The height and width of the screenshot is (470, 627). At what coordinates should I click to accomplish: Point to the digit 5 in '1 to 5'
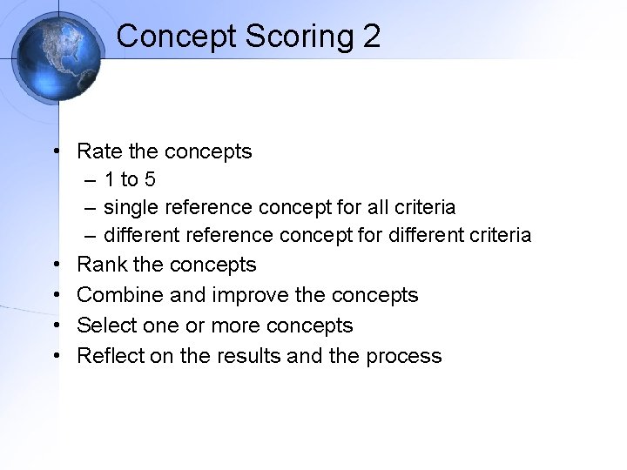coord(150,180)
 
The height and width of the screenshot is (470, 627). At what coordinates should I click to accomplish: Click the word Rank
coord(100,265)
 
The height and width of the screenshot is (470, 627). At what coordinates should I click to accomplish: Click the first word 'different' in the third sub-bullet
coord(139,235)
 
